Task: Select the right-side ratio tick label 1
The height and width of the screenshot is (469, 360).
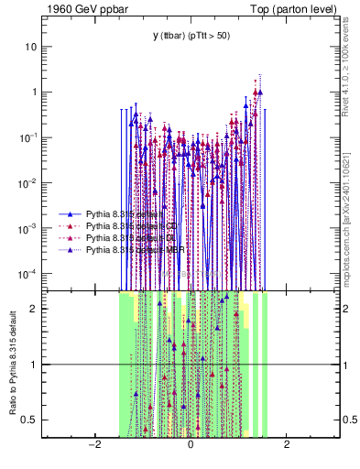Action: [346, 365]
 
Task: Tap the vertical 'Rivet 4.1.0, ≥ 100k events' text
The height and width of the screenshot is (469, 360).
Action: [349, 64]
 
